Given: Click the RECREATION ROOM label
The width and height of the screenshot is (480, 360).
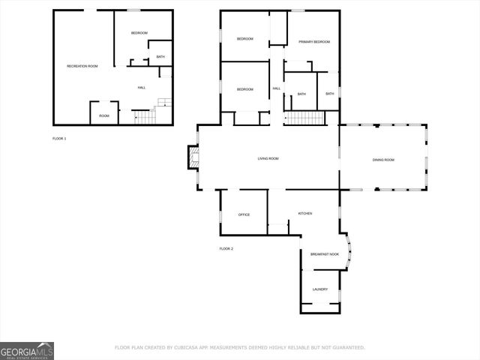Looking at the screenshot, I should tap(82, 66).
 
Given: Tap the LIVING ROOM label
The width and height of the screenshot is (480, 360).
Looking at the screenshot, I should tap(268, 158).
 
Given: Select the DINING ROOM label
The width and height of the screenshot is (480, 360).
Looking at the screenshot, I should tap(383, 160).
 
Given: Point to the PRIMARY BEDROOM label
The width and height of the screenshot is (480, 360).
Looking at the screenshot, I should tap(314, 41).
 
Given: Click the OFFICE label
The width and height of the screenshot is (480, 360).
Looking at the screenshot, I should tap(244, 214).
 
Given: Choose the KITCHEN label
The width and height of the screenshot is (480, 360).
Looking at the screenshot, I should tap(305, 214).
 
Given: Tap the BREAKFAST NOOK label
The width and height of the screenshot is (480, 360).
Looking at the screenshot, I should tap(325, 254).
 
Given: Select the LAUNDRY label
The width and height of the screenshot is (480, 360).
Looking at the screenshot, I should tap(320, 289).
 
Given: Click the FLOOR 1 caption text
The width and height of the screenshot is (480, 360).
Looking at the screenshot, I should tap(59, 139).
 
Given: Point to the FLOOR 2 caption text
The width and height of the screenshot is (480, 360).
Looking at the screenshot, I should tap(226, 248).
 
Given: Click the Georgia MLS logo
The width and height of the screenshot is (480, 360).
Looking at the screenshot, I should tap(27, 350).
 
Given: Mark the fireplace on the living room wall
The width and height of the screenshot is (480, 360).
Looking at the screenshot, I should tap(193, 157).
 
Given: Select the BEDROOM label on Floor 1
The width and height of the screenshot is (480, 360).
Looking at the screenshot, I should tap(139, 32).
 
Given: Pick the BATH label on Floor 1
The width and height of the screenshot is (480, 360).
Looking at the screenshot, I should tap(160, 57).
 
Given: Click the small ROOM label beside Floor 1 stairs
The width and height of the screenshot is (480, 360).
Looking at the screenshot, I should tap(104, 115).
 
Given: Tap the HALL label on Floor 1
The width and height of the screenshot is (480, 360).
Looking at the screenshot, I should tap(141, 88).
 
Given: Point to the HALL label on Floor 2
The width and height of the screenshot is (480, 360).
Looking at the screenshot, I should tap(277, 88).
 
